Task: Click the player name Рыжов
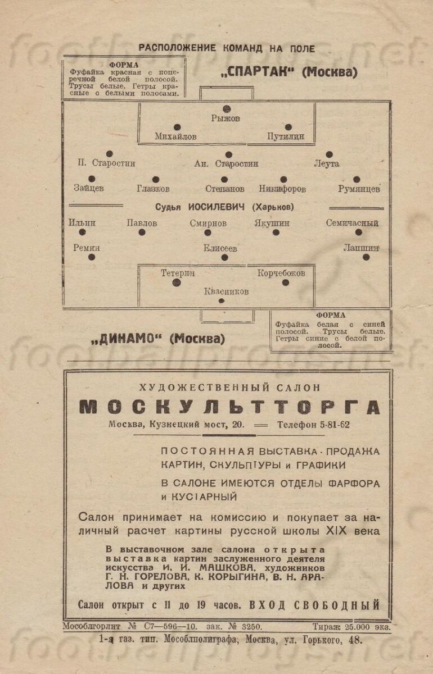(225, 119)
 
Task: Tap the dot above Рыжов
(227, 108)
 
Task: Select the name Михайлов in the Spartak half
(176, 136)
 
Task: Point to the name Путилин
(285, 136)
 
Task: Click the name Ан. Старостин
(226, 164)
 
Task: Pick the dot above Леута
(329, 154)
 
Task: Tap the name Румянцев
(359, 189)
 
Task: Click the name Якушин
(272, 223)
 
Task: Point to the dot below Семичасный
(358, 232)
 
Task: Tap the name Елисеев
(221, 248)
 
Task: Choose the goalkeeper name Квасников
(226, 292)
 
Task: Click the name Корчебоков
(281, 273)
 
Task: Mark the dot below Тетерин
(177, 283)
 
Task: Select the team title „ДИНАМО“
(127, 339)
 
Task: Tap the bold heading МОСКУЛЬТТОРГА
(229, 407)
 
